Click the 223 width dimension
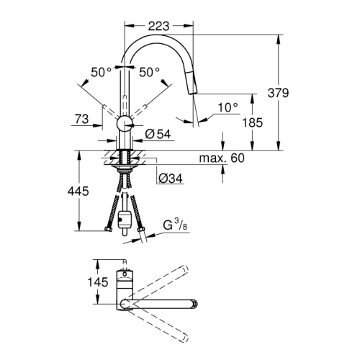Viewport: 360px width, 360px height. [x=159, y=26]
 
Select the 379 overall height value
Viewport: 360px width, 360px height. [x=297, y=93]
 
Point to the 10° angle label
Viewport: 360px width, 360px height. [x=228, y=107]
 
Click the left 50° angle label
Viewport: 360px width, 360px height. [x=102, y=72]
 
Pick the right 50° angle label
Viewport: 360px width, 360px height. [x=149, y=72]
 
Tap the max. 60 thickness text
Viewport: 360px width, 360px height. [x=222, y=158]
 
